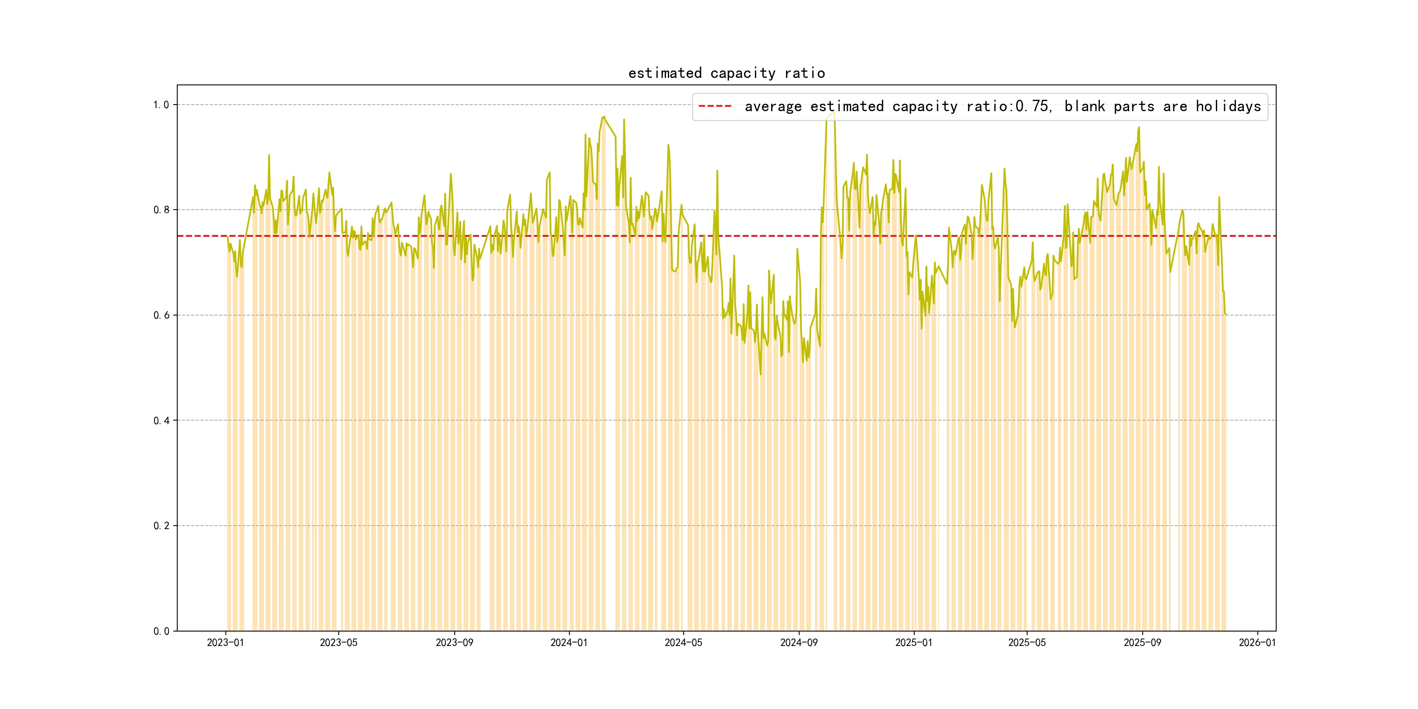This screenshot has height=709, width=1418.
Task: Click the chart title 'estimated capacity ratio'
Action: click(726, 73)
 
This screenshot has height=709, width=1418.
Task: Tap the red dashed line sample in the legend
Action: click(715, 106)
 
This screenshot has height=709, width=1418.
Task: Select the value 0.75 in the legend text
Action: click(1032, 106)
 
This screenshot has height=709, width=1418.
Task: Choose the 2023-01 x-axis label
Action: click(225, 643)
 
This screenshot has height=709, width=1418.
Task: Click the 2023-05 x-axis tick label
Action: click(339, 643)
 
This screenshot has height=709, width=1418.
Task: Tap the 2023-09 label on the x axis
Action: click(454, 643)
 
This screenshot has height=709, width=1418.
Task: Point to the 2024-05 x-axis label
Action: click(683, 643)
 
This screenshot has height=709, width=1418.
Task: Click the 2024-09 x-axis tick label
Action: click(799, 643)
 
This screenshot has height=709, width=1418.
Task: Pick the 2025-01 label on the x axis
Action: click(914, 643)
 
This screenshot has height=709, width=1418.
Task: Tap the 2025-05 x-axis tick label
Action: click(1027, 643)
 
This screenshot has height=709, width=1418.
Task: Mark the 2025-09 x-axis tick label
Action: click(1142, 643)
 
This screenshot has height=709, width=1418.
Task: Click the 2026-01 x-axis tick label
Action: click(1257, 643)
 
